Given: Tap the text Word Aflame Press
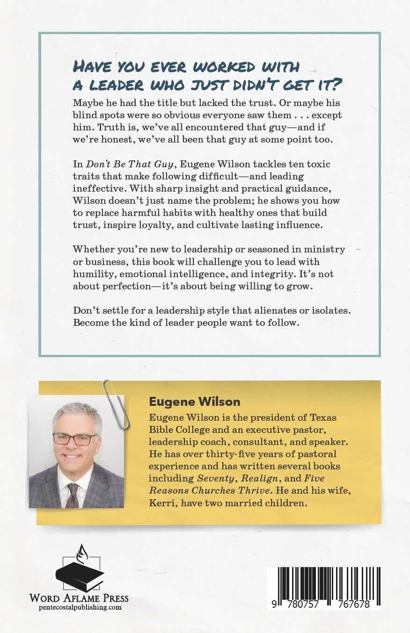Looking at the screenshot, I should pos(79,598).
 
